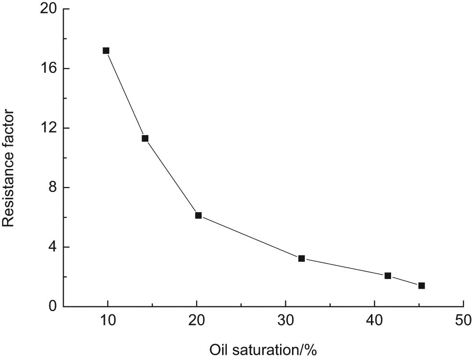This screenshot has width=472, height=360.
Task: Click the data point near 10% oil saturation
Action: (x=106, y=51)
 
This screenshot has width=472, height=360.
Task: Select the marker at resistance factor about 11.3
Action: (x=145, y=138)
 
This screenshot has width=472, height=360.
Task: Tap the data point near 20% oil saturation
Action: (x=198, y=215)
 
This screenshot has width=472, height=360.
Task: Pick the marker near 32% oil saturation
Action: (x=302, y=258)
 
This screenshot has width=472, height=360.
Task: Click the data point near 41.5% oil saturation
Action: (x=388, y=276)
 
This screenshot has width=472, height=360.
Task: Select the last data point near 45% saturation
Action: (x=421, y=286)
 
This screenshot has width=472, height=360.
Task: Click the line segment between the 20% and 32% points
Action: (x=250, y=237)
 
